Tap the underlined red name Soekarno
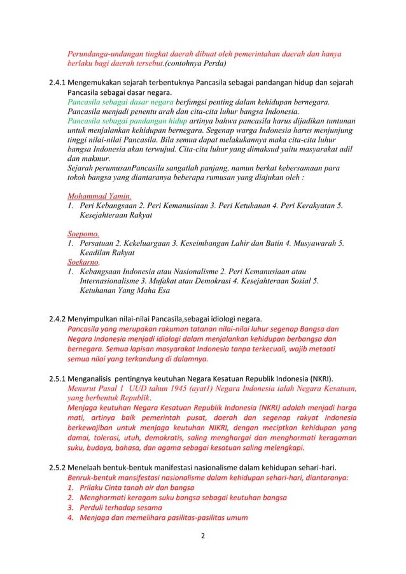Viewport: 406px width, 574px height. (83, 261)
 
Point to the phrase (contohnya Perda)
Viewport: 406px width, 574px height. (192, 64)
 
